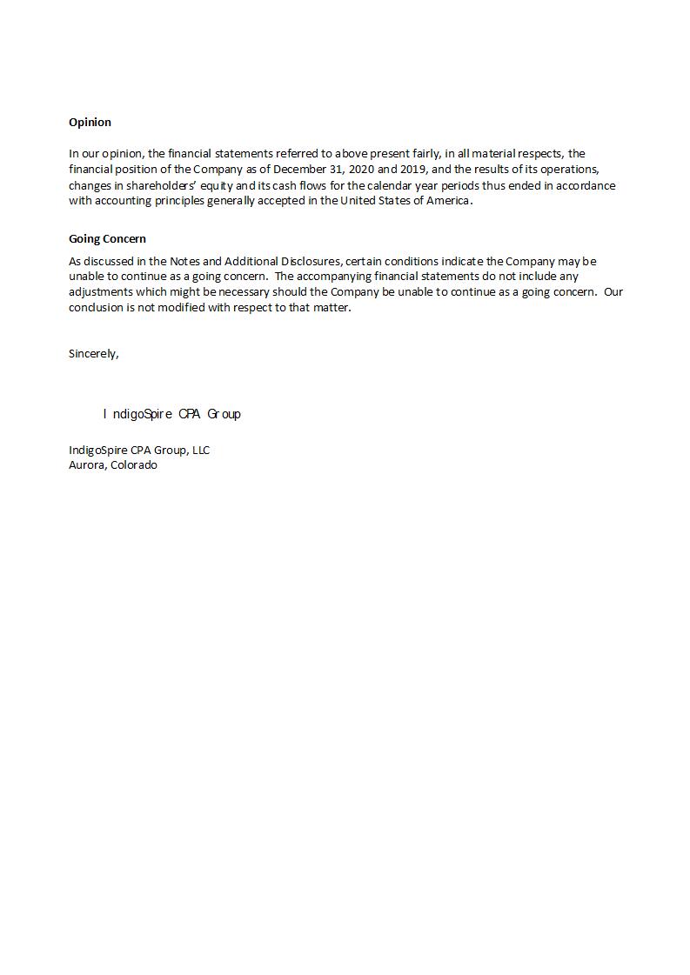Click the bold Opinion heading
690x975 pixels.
click(x=90, y=123)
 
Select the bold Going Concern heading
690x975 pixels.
click(x=107, y=239)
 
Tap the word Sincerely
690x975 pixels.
click(x=93, y=354)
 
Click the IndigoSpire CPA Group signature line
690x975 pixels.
click(x=172, y=414)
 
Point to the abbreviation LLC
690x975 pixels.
click(x=198, y=451)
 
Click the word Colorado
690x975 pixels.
click(x=134, y=465)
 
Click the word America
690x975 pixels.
click(x=445, y=201)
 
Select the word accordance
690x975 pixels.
click(x=586, y=185)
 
